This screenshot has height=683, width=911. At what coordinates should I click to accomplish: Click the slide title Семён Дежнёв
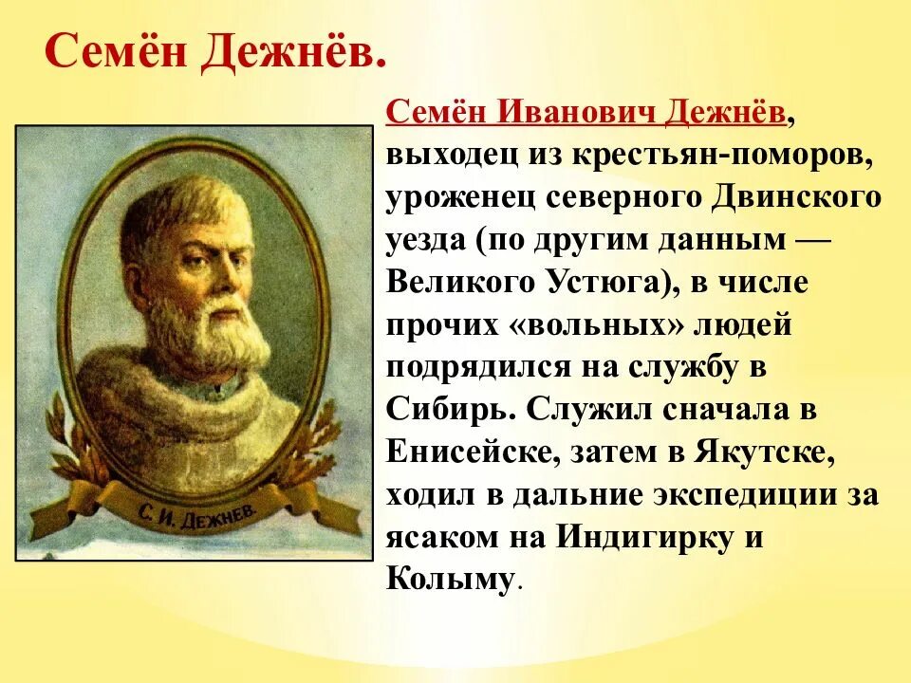tap(215, 57)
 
